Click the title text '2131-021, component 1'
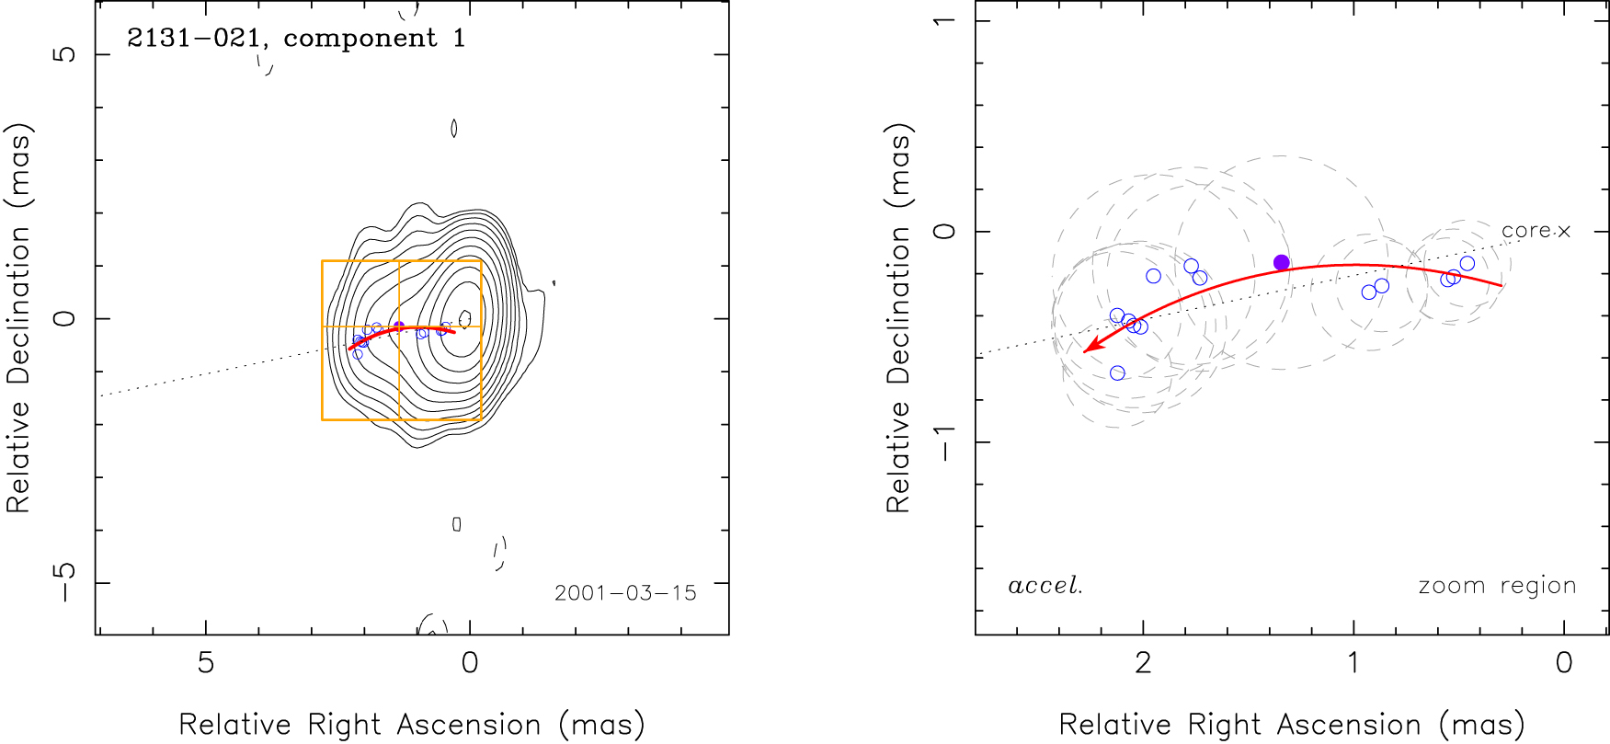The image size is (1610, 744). click(x=296, y=38)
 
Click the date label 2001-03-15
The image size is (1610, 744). click(x=625, y=593)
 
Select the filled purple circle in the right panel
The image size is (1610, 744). click(x=1282, y=263)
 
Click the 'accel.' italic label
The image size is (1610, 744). click(x=1045, y=586)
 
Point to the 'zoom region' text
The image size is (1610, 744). click(x=1497, y=586)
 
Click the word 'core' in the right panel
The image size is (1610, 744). click(x=1526, y=231)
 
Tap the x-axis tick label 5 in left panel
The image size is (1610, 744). click(x=206, y=663)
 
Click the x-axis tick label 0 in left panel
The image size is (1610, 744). click(x=470, y=663)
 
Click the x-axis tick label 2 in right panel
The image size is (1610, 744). click(x=1143, y=663)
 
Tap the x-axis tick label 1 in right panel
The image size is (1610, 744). click(x=1353, y=663)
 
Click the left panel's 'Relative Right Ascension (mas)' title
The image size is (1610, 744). click(x=412, y=725)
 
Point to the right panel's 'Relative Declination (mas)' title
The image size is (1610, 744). click(x=898, y=318)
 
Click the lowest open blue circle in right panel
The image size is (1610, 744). click(x=1117, y=372)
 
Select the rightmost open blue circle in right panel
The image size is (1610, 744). click(x=1467, y=264)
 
